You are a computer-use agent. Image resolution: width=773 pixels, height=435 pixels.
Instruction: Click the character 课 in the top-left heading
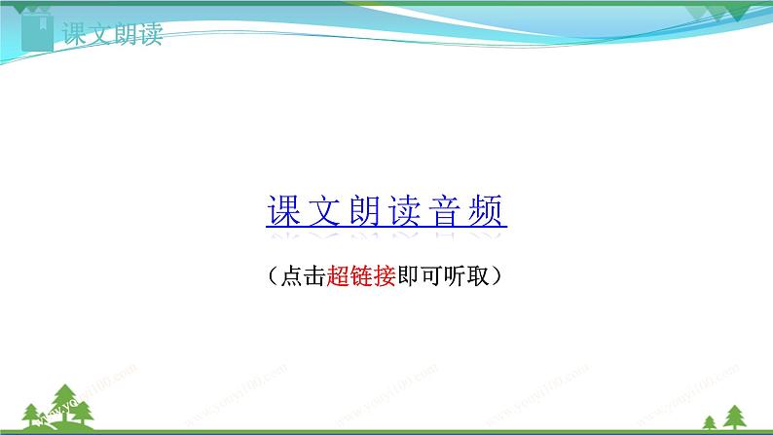[x=75, y=36]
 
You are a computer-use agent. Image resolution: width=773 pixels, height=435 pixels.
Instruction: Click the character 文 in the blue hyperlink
[x=323, y=210]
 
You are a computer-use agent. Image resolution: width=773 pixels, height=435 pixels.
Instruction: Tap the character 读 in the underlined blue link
[x=406, y=210]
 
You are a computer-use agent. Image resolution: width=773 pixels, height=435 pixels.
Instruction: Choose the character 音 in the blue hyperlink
[x=447, y=210]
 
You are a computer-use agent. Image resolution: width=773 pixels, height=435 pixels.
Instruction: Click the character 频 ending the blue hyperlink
[x=488, y=210]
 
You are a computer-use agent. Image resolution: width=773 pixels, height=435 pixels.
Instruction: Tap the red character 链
[x=361, y=277]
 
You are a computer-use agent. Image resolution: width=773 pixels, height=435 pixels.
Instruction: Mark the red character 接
[x=385, y=277]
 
